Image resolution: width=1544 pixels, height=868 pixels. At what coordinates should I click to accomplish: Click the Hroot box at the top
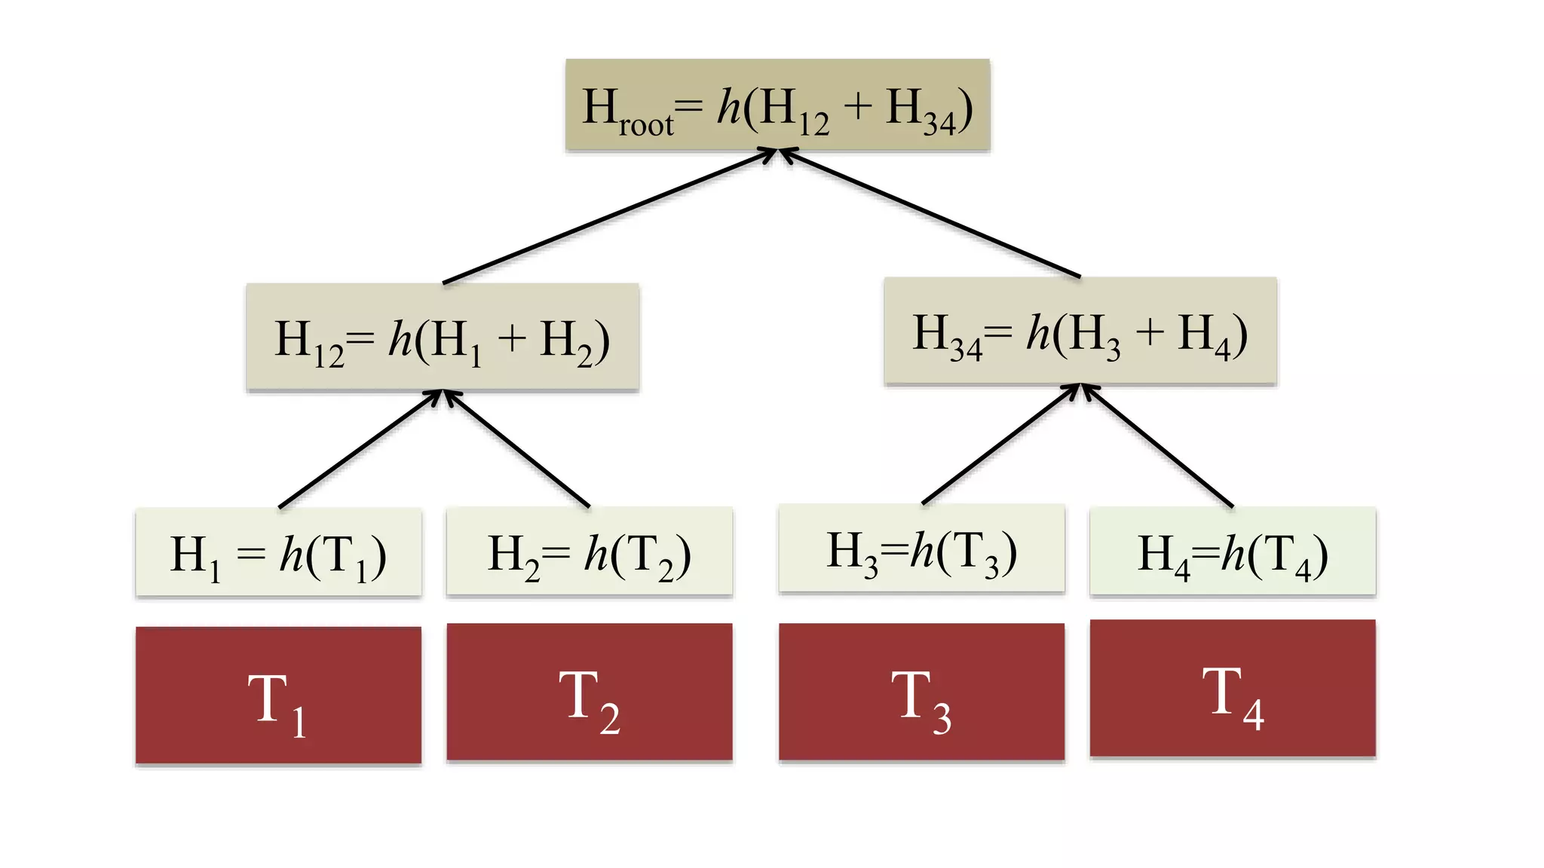tap(777, 105)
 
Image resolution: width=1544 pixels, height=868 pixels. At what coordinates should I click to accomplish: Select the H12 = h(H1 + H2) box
tap(443, 337)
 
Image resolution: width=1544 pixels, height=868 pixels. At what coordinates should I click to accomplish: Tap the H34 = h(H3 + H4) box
tap(1080, 331)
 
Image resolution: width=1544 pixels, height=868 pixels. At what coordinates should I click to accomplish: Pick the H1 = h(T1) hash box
tap(278, 552)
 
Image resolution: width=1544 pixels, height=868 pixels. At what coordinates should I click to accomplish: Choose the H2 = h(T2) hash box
tap(589, 552)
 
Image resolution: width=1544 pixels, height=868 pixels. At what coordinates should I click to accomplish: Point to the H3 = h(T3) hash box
tap(921, 549)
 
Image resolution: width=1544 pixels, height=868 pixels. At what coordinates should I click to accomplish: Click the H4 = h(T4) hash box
tap(1233, 551)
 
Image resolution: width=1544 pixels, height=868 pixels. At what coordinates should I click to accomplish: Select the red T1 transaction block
tap(278, 695)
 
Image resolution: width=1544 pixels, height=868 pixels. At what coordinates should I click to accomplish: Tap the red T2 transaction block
tap(589, 692)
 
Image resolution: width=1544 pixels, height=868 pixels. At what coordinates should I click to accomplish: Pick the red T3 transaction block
tap(921, 692)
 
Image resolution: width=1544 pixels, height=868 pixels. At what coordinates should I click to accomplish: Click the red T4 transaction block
tap(1233, 688)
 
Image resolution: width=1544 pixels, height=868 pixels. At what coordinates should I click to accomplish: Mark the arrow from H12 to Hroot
tap(609, 217)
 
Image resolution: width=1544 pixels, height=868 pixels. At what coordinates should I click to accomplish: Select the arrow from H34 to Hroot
tap(929, 213)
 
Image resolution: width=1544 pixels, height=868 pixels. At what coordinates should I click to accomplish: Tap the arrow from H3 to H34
tap(1001, 444)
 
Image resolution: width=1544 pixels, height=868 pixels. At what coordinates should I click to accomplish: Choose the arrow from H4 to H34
tap(1157, 445)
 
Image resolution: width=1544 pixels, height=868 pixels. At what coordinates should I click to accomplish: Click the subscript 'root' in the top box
tap(646, 125)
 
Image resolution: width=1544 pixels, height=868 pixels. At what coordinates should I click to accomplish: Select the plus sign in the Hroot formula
tap(857, 106)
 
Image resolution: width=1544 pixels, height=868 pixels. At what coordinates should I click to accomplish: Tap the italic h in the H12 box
tap(400, 338)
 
